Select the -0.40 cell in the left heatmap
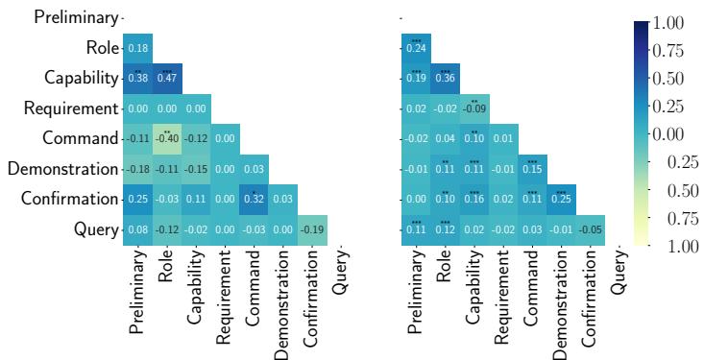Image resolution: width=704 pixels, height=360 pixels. coord(167,139)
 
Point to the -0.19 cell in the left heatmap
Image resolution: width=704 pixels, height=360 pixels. coord(314,229)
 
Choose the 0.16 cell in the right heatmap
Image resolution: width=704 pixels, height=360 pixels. coord(474,199)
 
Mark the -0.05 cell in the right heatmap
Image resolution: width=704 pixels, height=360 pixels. coord(593,229)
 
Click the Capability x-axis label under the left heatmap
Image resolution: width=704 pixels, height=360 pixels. coord(196,288)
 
